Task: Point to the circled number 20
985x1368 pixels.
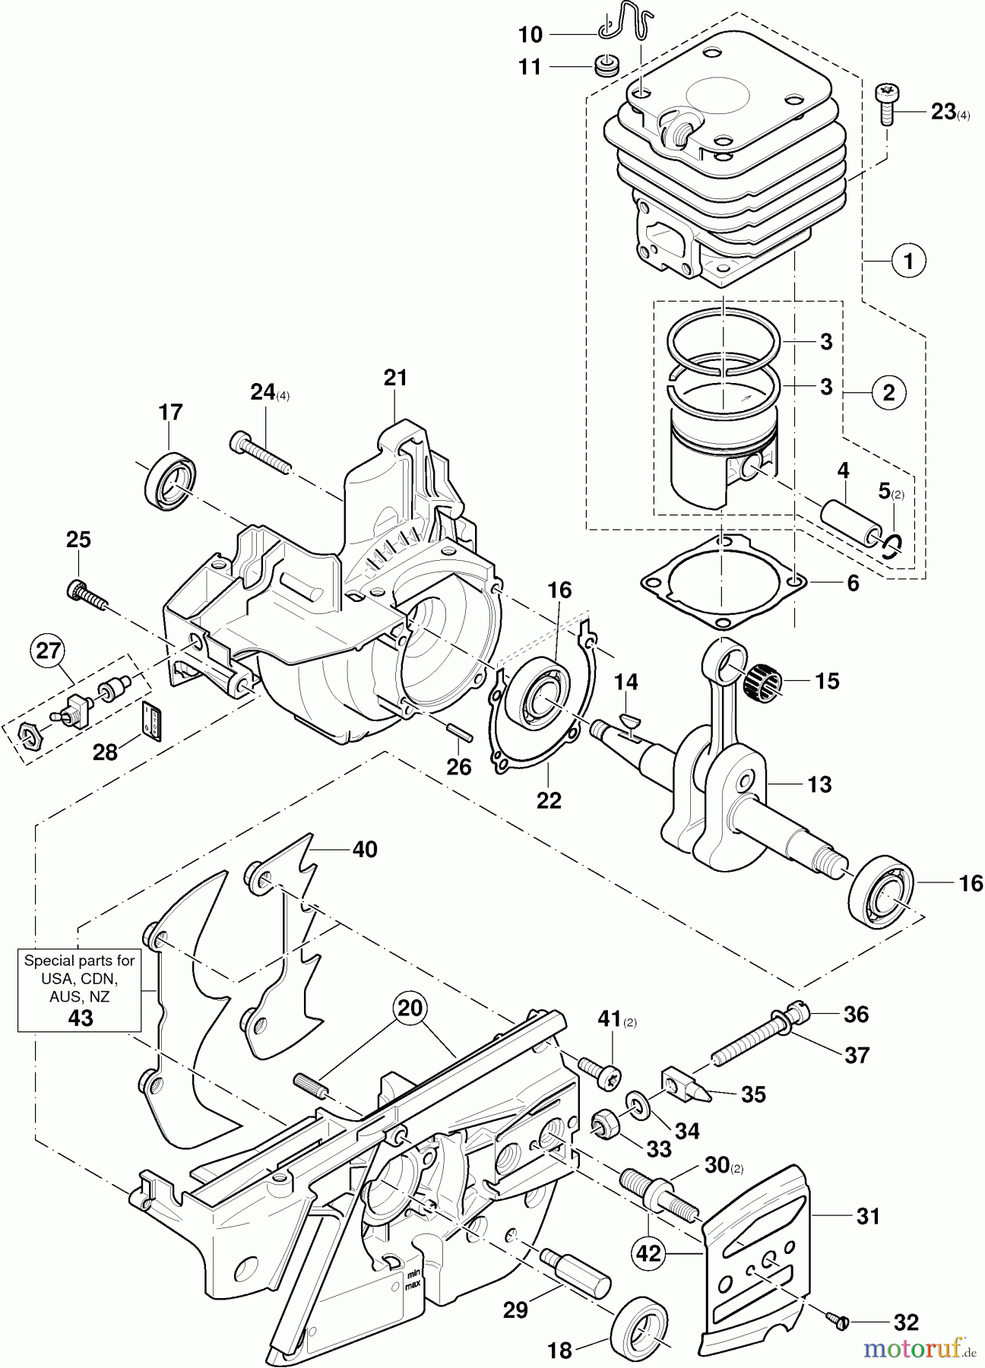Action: coord(410,1010)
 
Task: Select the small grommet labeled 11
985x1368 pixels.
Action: coord(605,67)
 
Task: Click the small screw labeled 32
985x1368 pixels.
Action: coord(838,1323)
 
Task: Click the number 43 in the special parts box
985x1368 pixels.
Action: coord(80,1018)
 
